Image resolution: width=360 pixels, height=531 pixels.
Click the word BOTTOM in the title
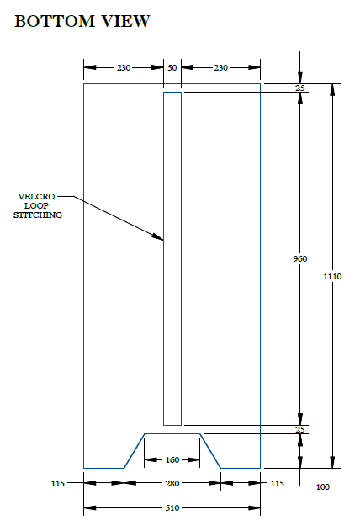[x=55, y=21]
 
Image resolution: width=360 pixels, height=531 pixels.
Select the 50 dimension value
[x=172, y=68]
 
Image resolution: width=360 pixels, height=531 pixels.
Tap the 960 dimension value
[x=300, y=259]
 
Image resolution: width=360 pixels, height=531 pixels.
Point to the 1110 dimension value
[x=332, y=277]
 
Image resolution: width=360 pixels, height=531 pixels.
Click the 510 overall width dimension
[x=172, y=508]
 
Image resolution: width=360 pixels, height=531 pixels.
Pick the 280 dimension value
[x=172, y=483]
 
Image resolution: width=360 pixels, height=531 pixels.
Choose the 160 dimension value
[x=172, y=459]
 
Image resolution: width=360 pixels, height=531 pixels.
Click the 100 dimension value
[x=323, y=487]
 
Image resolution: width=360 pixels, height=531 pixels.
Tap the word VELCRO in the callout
[x=36, y=197]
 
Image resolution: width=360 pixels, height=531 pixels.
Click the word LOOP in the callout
[x=36, y=206]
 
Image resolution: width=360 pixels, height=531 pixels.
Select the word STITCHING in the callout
[x=38, y=215]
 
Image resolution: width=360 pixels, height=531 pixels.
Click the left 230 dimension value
[x=124, y=68]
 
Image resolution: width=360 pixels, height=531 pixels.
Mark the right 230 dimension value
[x=220, y=68]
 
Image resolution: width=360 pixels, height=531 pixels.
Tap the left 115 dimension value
[x=58, y=483]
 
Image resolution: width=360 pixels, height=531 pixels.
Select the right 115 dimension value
[x=277, y=483]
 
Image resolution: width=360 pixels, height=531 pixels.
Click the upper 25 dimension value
[x=300, y=88]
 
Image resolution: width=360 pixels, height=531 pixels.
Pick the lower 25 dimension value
[x=300, y=430]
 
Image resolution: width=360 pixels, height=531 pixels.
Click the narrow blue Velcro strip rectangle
[x=164, y=258]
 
